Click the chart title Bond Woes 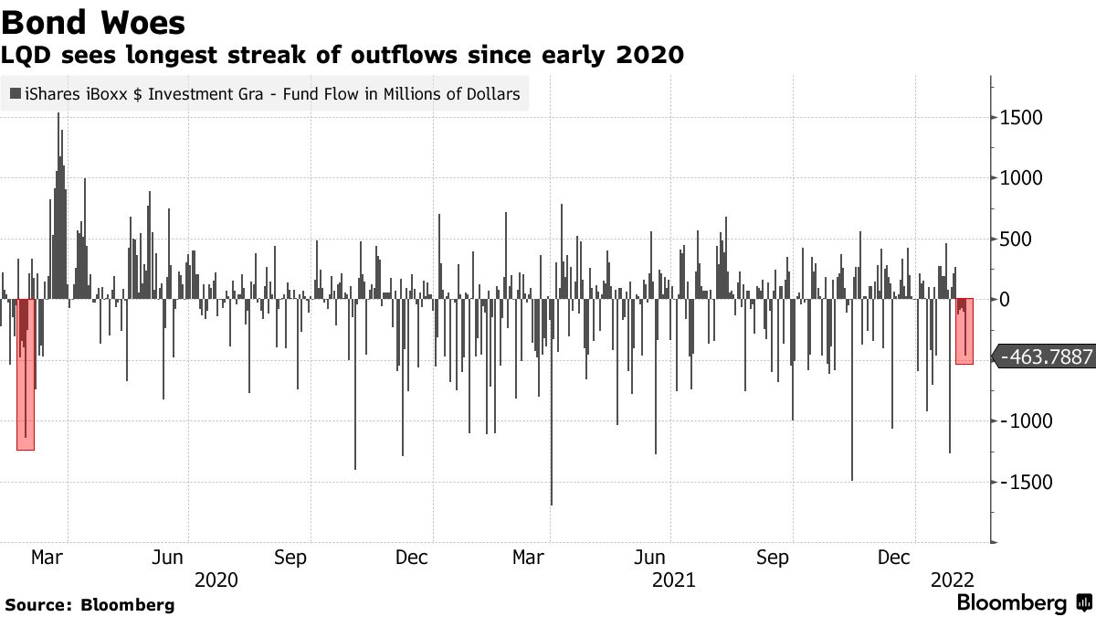(94, 22)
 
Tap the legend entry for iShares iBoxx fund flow (265, 93)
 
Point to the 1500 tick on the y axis (1023, 118)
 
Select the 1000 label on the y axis (1023, 178)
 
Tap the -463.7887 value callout (1047, 357)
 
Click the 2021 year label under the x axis (673, 580)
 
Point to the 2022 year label (953, 580)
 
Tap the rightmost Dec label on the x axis (895, 558)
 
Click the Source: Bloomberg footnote (90, 605)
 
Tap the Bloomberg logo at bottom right (1023, 603)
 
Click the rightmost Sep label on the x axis (773, 558)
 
